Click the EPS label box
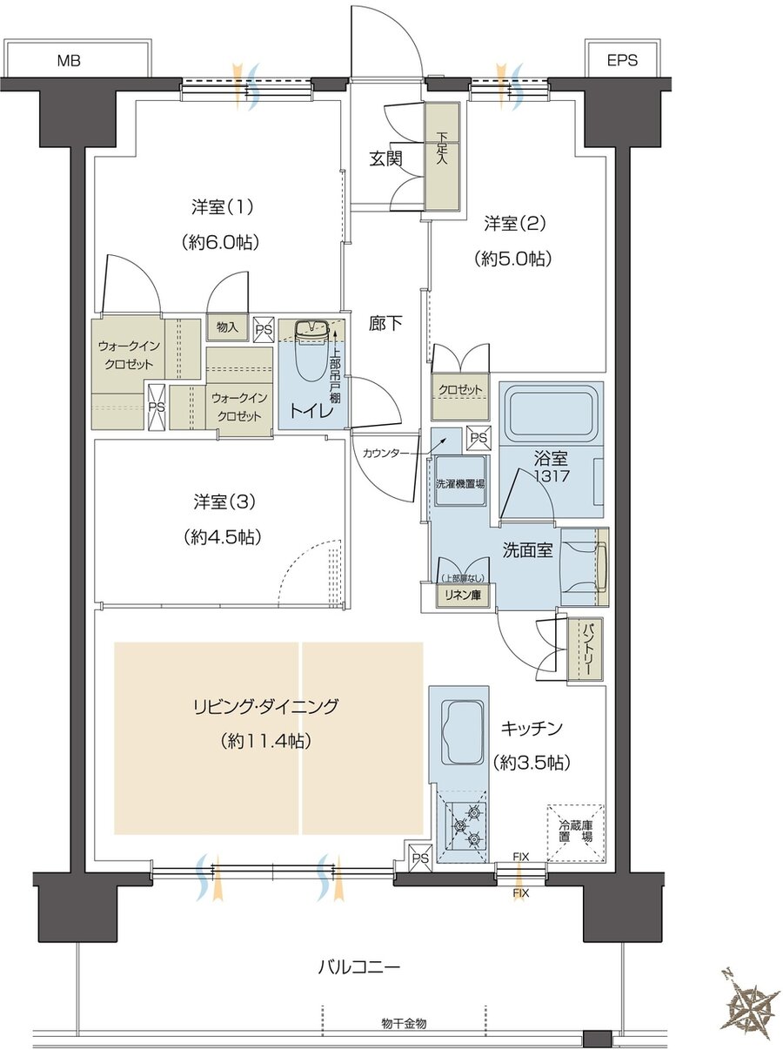(x=623, y=60)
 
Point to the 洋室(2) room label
(x=514, y=224)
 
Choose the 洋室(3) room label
(x=222, y=502)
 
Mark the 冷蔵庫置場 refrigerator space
(x=575, y=831)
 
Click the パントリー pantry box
(x=580, y=649)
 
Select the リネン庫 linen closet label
(x=465, y=595)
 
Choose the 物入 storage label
(x=227, y=326)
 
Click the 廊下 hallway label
(x=385, y=324)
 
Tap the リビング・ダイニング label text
(x=265, y=706)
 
